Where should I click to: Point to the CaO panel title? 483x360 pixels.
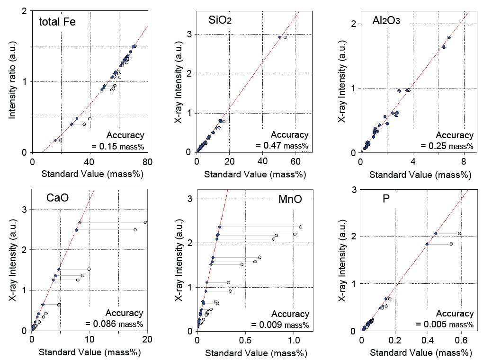tap(57, 198)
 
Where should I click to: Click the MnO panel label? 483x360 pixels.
tap(290, 199)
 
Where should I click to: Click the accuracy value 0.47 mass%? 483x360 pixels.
tap(282, 145)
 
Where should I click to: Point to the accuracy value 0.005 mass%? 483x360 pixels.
tap(445, 324)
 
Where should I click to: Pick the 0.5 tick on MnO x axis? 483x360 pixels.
tap(245, 340)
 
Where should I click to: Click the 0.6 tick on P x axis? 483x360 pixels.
tap(460, 340)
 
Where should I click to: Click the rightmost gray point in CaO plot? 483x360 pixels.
tap(145, 222)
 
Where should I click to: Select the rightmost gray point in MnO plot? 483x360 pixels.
tap(300, 227)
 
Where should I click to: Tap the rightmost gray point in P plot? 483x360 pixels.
tap(459, 233)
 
